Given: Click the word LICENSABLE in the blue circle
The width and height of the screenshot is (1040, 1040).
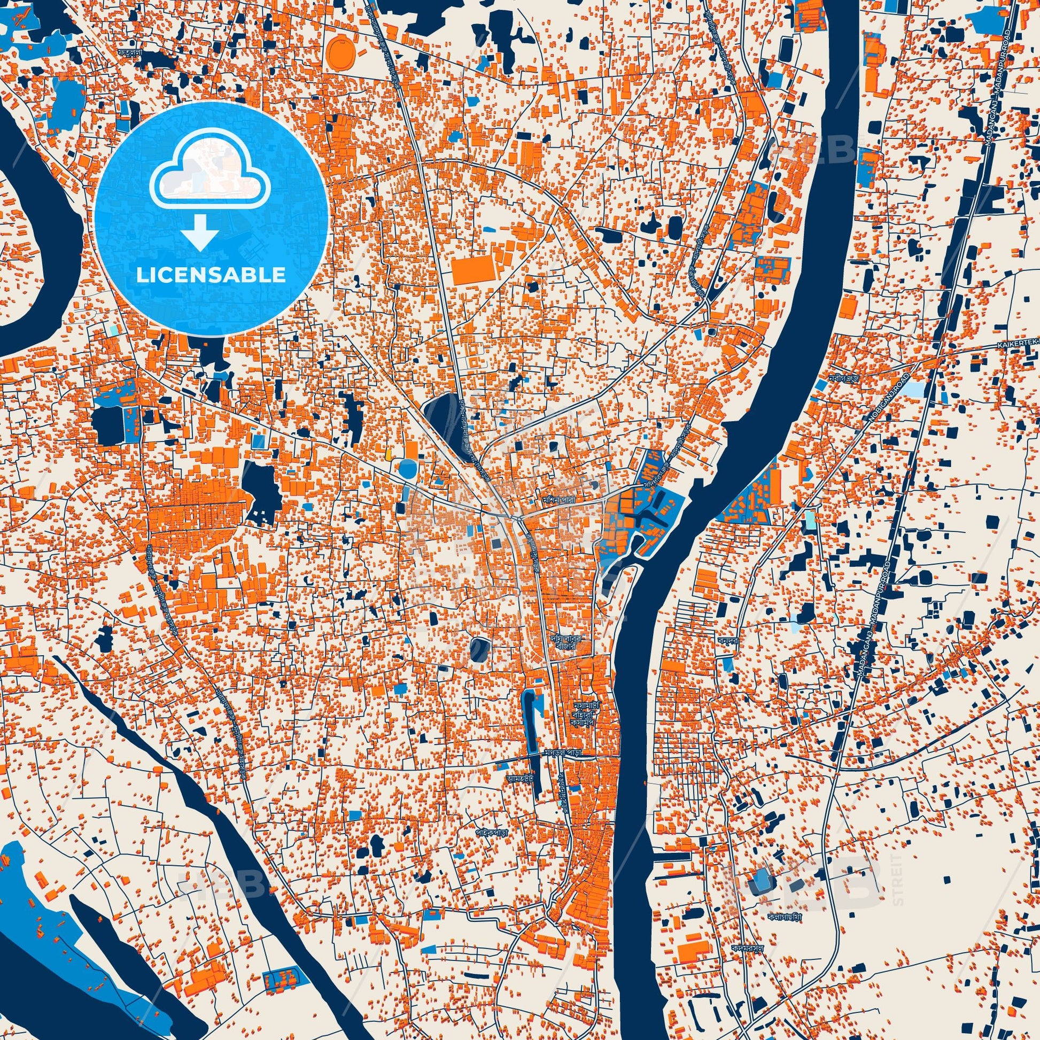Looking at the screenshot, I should click(211, 275).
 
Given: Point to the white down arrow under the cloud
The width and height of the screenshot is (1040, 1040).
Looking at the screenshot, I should click(199, 231).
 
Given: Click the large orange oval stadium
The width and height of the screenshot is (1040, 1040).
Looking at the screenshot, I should click(342, 52).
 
